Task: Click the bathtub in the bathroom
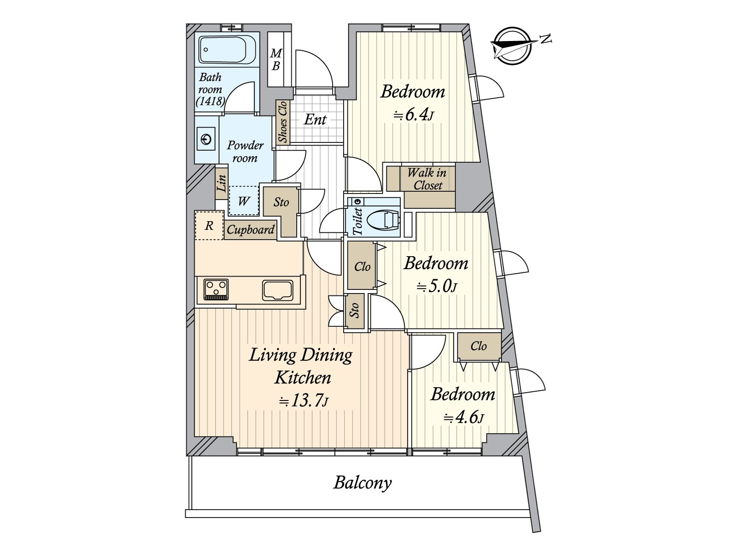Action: (228, 49)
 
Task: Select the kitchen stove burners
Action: (216, 289)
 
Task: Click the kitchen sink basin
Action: (277, 290)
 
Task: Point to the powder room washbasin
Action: (205, 139)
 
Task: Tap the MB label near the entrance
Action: (276, 60)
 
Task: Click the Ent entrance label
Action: (315, 119)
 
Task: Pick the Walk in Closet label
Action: (427, 179)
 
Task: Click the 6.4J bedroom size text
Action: (414, 116)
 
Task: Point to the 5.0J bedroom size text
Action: (437, 287)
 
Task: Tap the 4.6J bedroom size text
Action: (464, 418)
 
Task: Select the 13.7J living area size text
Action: (304, 400)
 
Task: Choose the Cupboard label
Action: (251, 229)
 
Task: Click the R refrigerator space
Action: (209, 225)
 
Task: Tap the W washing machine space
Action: (244, 201)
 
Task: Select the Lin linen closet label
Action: (222, 183)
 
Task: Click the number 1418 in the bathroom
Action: (210, 101)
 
